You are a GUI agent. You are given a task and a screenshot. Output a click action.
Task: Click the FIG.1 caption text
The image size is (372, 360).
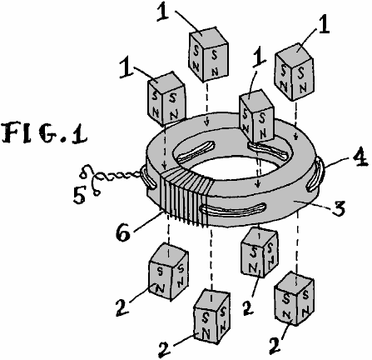[x=44, y=134]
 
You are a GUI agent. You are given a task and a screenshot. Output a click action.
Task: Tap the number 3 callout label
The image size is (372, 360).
[x=338, y=207]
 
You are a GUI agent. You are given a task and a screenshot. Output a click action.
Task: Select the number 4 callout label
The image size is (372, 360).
[x=360, y=157]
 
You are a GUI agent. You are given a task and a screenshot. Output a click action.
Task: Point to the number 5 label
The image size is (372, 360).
[x=79, y=195]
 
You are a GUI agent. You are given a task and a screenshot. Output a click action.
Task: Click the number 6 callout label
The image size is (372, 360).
[x=123, y=232]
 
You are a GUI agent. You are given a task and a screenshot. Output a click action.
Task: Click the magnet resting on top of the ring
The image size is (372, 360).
[x=256, y=116]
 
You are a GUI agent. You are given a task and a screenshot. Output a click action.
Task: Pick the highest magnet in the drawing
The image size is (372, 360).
[x=209, y=54]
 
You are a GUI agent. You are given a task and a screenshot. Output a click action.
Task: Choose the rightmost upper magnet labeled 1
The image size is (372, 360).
[x=295, y=72]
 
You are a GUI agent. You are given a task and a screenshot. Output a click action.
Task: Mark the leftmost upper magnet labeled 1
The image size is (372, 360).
[x=166, y=99]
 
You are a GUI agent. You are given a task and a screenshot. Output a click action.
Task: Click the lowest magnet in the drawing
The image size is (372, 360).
[x=212, y=316]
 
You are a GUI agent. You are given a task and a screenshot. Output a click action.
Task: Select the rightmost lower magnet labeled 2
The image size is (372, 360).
[x=294, y=298]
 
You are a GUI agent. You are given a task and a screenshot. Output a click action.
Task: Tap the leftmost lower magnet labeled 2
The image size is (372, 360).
[x=169, y=272]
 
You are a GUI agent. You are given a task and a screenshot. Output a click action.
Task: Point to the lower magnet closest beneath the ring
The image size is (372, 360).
[x=260, y=252]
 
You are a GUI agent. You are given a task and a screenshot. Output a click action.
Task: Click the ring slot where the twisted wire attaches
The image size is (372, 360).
[x=148, y=177]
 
